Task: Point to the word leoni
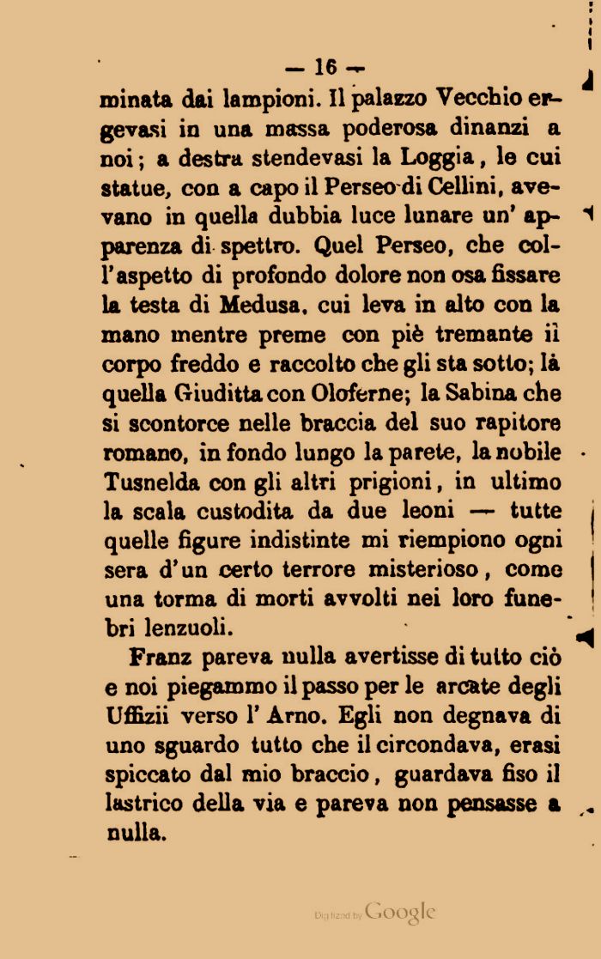click(x=424, y=512)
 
